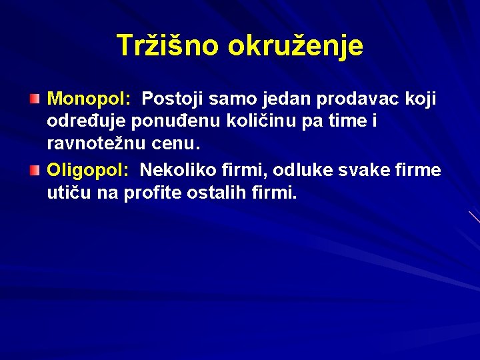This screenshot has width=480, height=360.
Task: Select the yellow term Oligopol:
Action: [87, 170]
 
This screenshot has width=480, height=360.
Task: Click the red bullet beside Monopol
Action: [35, 99]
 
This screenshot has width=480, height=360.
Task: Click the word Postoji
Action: [171, 99]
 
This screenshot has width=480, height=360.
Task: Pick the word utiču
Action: [69, 193]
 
